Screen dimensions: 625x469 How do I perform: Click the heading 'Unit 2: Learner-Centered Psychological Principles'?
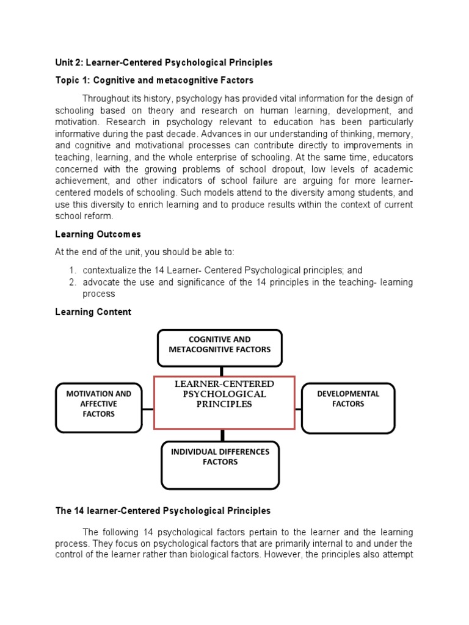click(x=164, y=62)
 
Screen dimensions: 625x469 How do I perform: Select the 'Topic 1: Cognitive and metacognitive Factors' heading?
click(x=154, y=81)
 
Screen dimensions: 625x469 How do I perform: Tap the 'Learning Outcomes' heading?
click(x=98, y=234)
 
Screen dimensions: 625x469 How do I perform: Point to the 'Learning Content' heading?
click(x=93, y=312)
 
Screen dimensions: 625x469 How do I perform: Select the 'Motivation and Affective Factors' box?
click(x=98, y=407)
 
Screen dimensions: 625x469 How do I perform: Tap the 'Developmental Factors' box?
click(x=348, y=408)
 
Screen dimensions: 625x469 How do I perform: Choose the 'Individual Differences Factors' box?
click(x=220, y=465)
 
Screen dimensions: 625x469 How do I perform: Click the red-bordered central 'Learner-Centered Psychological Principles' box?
click(x=224, y=402)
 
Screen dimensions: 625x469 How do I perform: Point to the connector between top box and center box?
click(x=221, y=371)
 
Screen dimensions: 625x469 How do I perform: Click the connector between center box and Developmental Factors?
click(x=299, y=408)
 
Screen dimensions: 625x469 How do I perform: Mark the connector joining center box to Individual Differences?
click(x=222, y=435)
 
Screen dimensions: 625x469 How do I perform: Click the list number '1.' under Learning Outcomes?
click(x=71, y=270)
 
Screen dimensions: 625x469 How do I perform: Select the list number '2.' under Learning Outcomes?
click(x=71, y=282)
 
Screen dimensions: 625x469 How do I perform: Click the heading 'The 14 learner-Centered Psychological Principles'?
click(x=162, y=510)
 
